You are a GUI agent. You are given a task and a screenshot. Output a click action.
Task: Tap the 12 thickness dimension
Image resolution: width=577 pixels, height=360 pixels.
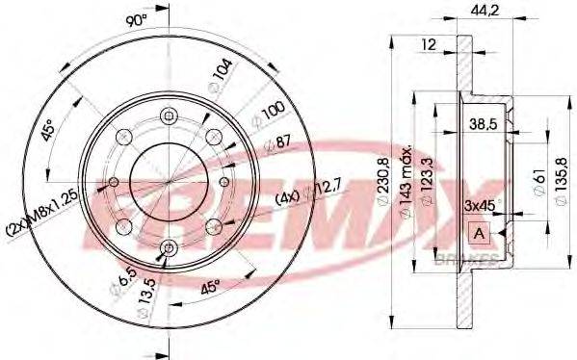tap(429, 43)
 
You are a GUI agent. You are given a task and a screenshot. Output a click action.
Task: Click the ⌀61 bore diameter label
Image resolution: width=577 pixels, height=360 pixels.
tap(538, 178)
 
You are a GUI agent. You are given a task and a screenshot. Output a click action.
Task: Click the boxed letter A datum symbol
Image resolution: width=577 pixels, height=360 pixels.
tap(477, 232)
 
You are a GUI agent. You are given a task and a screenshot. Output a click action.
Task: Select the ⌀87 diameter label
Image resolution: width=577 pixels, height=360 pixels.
tap(278, 142)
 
